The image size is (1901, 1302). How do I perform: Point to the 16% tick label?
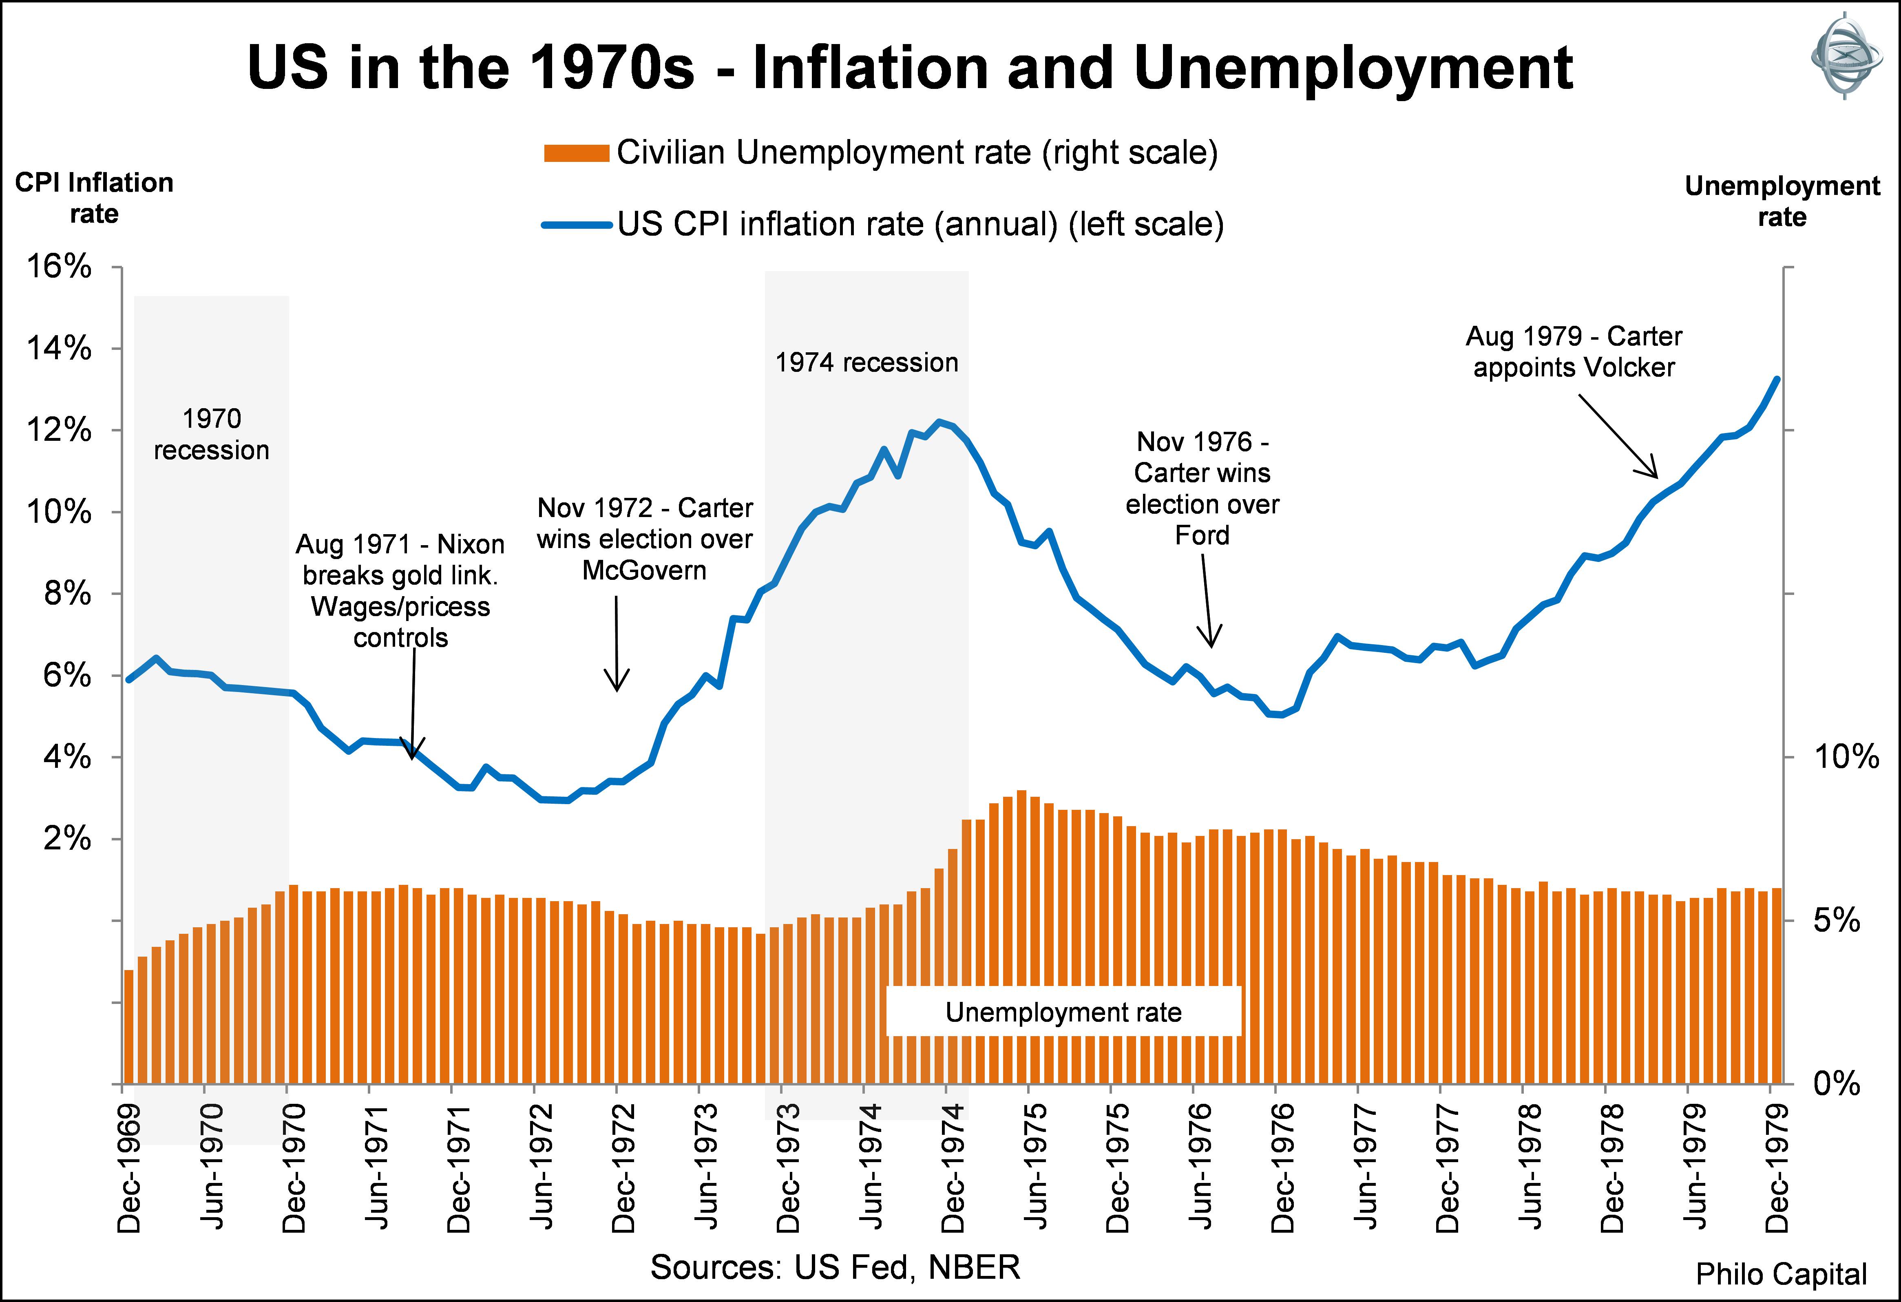pos(59,267)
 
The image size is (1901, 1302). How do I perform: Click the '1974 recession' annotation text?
pos(866,363)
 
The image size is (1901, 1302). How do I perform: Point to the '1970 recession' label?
pos(211,434)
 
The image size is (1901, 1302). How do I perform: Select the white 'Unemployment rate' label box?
pos(1063,1012)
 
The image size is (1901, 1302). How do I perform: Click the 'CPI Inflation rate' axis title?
pos(94,198)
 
